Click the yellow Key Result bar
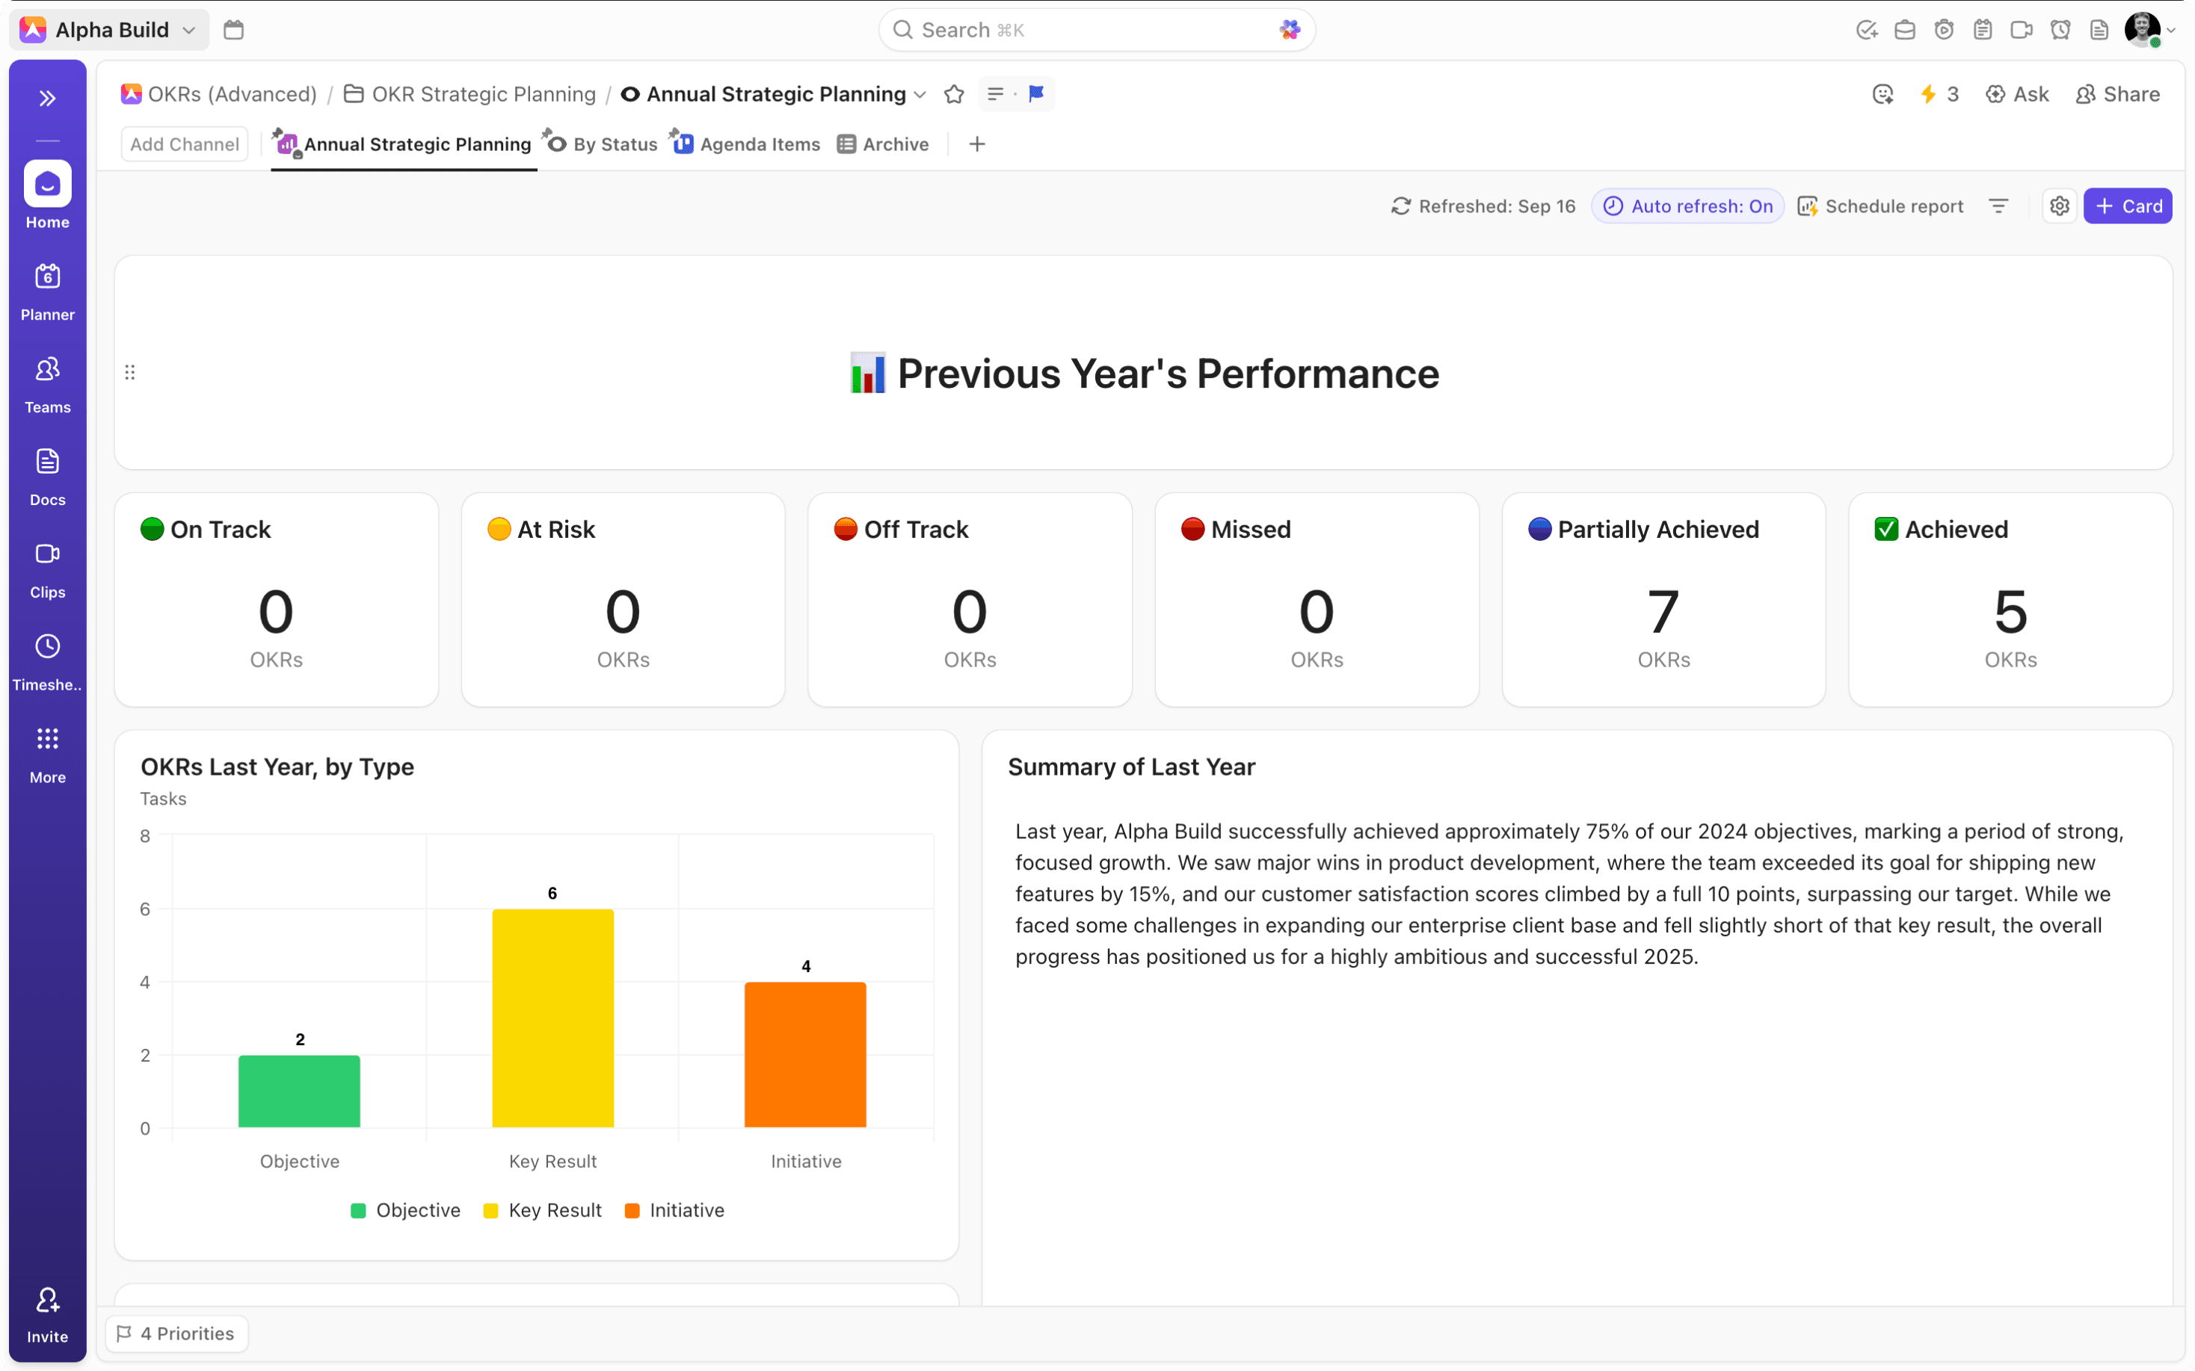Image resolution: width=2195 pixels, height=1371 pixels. point(552,1018)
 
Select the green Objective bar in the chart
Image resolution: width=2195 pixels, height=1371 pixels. point(299,1091)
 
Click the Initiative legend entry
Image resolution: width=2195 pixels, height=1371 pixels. point(675,1210)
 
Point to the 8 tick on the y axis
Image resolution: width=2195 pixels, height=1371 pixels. point(145,836)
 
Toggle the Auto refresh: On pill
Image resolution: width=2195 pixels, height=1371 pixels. point(1688,205)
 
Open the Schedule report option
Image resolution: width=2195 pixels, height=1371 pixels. point(1881,205)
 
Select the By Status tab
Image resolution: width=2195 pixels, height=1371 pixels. point(603,144)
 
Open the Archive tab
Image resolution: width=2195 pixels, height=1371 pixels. point(884,144)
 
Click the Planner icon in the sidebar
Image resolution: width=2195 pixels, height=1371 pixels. point(47,277)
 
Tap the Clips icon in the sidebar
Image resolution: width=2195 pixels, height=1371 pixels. point(47,555)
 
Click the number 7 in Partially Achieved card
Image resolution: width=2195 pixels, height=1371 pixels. point(1663,612)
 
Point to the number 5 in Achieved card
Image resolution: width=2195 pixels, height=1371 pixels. point(2010,612)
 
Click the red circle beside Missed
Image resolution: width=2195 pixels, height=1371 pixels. point(1192,529)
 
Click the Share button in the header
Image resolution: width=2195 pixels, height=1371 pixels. point(2118,94)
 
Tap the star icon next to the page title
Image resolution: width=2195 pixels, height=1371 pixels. point(954,94)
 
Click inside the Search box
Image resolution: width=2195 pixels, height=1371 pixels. point(1089,30)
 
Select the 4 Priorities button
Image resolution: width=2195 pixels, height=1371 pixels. point(177,1334)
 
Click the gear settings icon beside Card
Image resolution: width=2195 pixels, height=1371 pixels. point(2060,205)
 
